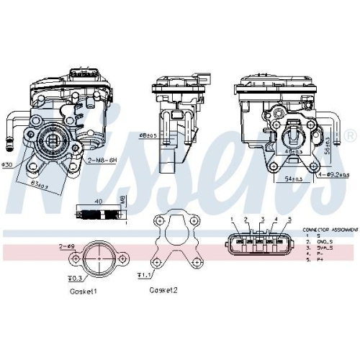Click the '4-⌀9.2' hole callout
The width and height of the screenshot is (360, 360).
coord(334,175)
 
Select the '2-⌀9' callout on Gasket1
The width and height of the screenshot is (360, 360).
coord(66,246)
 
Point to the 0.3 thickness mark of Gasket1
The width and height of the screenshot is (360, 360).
coord(73,277)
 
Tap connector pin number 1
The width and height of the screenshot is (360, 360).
coord(232,219)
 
